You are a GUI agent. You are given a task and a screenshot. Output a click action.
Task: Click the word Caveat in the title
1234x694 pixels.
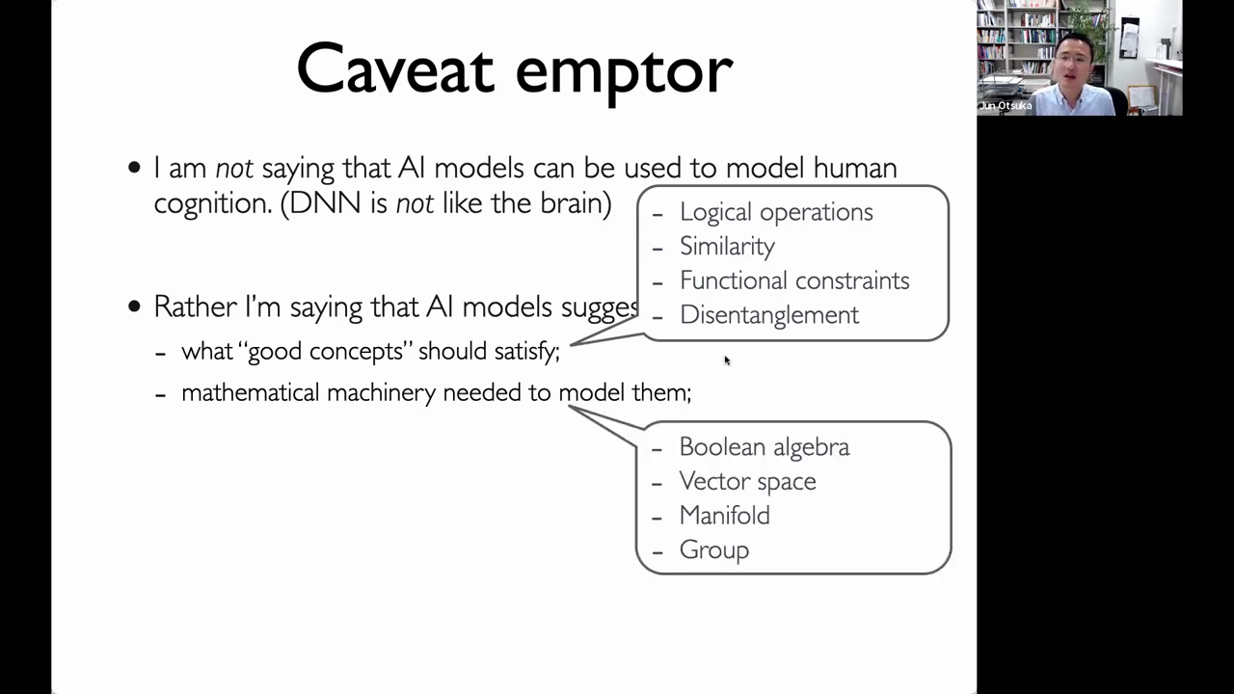pyautogui.click(x=395, y=68)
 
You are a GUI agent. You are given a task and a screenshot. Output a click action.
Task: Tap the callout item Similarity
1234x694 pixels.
pyautogui.click(x=727, y=247)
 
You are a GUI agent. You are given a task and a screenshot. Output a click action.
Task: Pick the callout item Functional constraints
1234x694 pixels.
pyautogui.click(x=794, y=280)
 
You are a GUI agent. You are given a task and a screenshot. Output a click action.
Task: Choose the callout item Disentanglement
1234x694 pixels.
pyautogui.click(x=769, y=315)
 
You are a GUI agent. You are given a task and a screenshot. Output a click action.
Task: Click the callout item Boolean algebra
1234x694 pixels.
pyautogui.click(x=765, y=446)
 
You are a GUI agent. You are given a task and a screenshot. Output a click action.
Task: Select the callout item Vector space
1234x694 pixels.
pyautogui.click(x=747, y=481)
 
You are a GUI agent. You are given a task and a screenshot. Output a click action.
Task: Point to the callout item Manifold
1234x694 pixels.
pyautogui.click(x=724, y=516)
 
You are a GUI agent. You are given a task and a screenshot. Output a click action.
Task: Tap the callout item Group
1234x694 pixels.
pyautogui.click(x=714, y=550)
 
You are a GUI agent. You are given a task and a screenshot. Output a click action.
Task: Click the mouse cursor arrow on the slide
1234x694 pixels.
pyautogui.click(x=727, y=360)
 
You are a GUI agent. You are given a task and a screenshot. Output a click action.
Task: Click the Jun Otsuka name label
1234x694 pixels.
pyautogui.click(x=1006, y=106)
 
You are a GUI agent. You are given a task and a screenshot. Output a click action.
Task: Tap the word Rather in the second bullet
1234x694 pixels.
pyautogui.click(x=195, y=307)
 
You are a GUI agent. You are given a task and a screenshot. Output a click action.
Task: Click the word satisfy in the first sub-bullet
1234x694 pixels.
pyautogui.click(x=526, y=352)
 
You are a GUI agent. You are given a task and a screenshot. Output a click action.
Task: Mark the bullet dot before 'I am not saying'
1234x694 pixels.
pyautogui.click(x=134, y=168)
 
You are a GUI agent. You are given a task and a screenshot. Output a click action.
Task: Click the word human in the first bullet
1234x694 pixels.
pyautogui.click(x=855, y=168)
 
